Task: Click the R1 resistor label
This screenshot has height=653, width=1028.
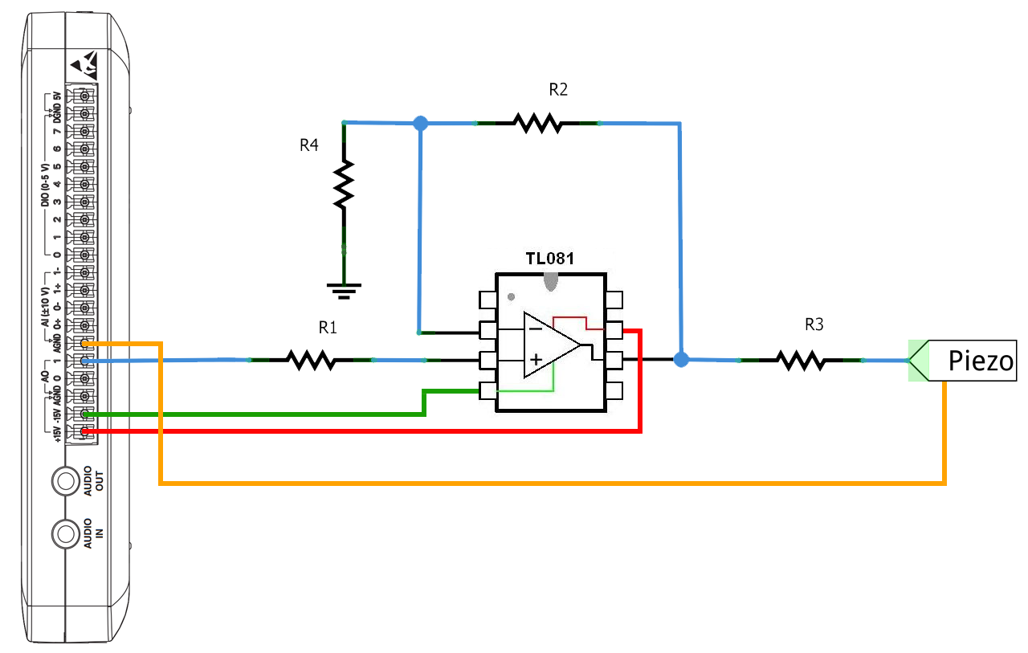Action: click(328, 328)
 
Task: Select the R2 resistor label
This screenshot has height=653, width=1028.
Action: click(558, 89)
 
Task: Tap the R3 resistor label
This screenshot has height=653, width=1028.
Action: click(814, 325)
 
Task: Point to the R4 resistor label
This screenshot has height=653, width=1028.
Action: click(309, 145)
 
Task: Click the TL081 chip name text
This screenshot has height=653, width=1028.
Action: click(550, 259)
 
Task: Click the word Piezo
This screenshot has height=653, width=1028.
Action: click(981, 361)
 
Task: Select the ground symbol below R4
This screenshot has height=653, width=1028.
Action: click(344, 291)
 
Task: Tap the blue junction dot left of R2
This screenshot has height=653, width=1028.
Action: click(420, 123)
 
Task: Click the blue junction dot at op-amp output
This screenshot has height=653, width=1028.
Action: click(681, 359)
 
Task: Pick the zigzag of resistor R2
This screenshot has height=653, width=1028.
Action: click(537, 123)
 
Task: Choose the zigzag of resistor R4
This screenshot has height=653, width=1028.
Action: click(344, 185)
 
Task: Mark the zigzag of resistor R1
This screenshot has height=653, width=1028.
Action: click(311, 360)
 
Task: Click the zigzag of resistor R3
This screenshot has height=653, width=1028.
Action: click(802, 361)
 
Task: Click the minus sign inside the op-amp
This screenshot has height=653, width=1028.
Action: click(535, 329)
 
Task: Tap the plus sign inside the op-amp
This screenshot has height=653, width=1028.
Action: click(536, 359)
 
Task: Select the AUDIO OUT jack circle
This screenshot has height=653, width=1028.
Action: click(66, 481)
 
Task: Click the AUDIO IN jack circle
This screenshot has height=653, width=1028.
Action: click(66, 533)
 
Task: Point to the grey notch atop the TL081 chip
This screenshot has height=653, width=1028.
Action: click(551, 282)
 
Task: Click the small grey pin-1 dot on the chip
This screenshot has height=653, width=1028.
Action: click(511, 297)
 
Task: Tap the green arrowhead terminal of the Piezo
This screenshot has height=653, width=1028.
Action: click(918, 361)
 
